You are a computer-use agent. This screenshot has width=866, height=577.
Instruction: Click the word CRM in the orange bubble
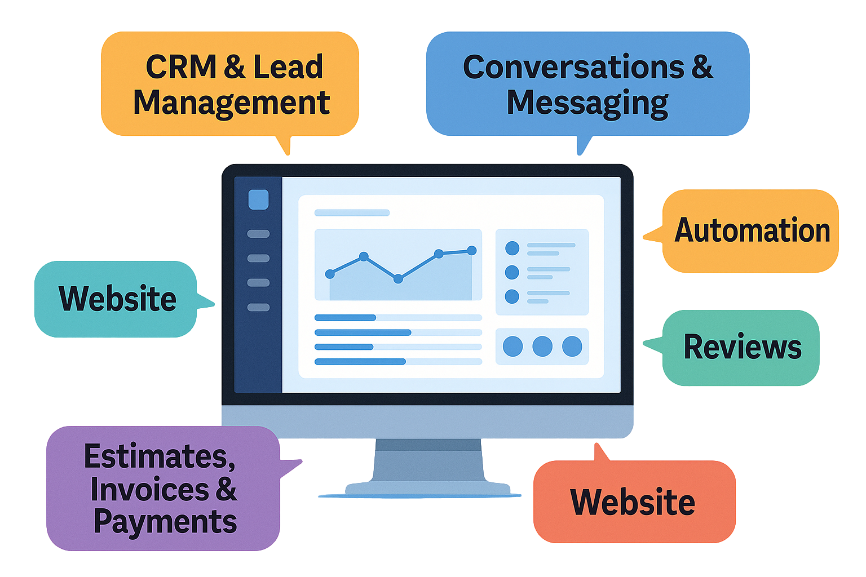180,67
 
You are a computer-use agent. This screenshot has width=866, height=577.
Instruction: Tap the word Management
231,103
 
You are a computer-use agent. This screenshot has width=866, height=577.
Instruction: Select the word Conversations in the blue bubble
573,67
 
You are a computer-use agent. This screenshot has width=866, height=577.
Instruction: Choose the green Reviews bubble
742,347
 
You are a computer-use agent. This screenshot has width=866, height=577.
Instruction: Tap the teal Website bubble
117,299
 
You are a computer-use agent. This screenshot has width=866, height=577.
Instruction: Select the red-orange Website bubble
633,501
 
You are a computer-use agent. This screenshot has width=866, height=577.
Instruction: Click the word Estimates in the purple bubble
159,456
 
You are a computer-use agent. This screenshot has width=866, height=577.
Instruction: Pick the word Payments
165,522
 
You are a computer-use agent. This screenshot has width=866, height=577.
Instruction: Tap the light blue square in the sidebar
258,199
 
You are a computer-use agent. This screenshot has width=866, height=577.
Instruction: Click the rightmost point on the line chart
472,250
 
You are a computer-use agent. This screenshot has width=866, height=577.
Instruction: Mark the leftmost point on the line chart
330,274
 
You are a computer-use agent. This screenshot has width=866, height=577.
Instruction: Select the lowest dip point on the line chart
398,278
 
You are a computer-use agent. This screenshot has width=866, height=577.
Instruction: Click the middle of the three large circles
542,346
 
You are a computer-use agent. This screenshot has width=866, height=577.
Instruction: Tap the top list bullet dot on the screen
512,248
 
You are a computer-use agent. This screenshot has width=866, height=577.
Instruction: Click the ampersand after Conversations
701,67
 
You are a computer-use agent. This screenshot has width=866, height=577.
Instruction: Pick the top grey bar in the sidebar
258,233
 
